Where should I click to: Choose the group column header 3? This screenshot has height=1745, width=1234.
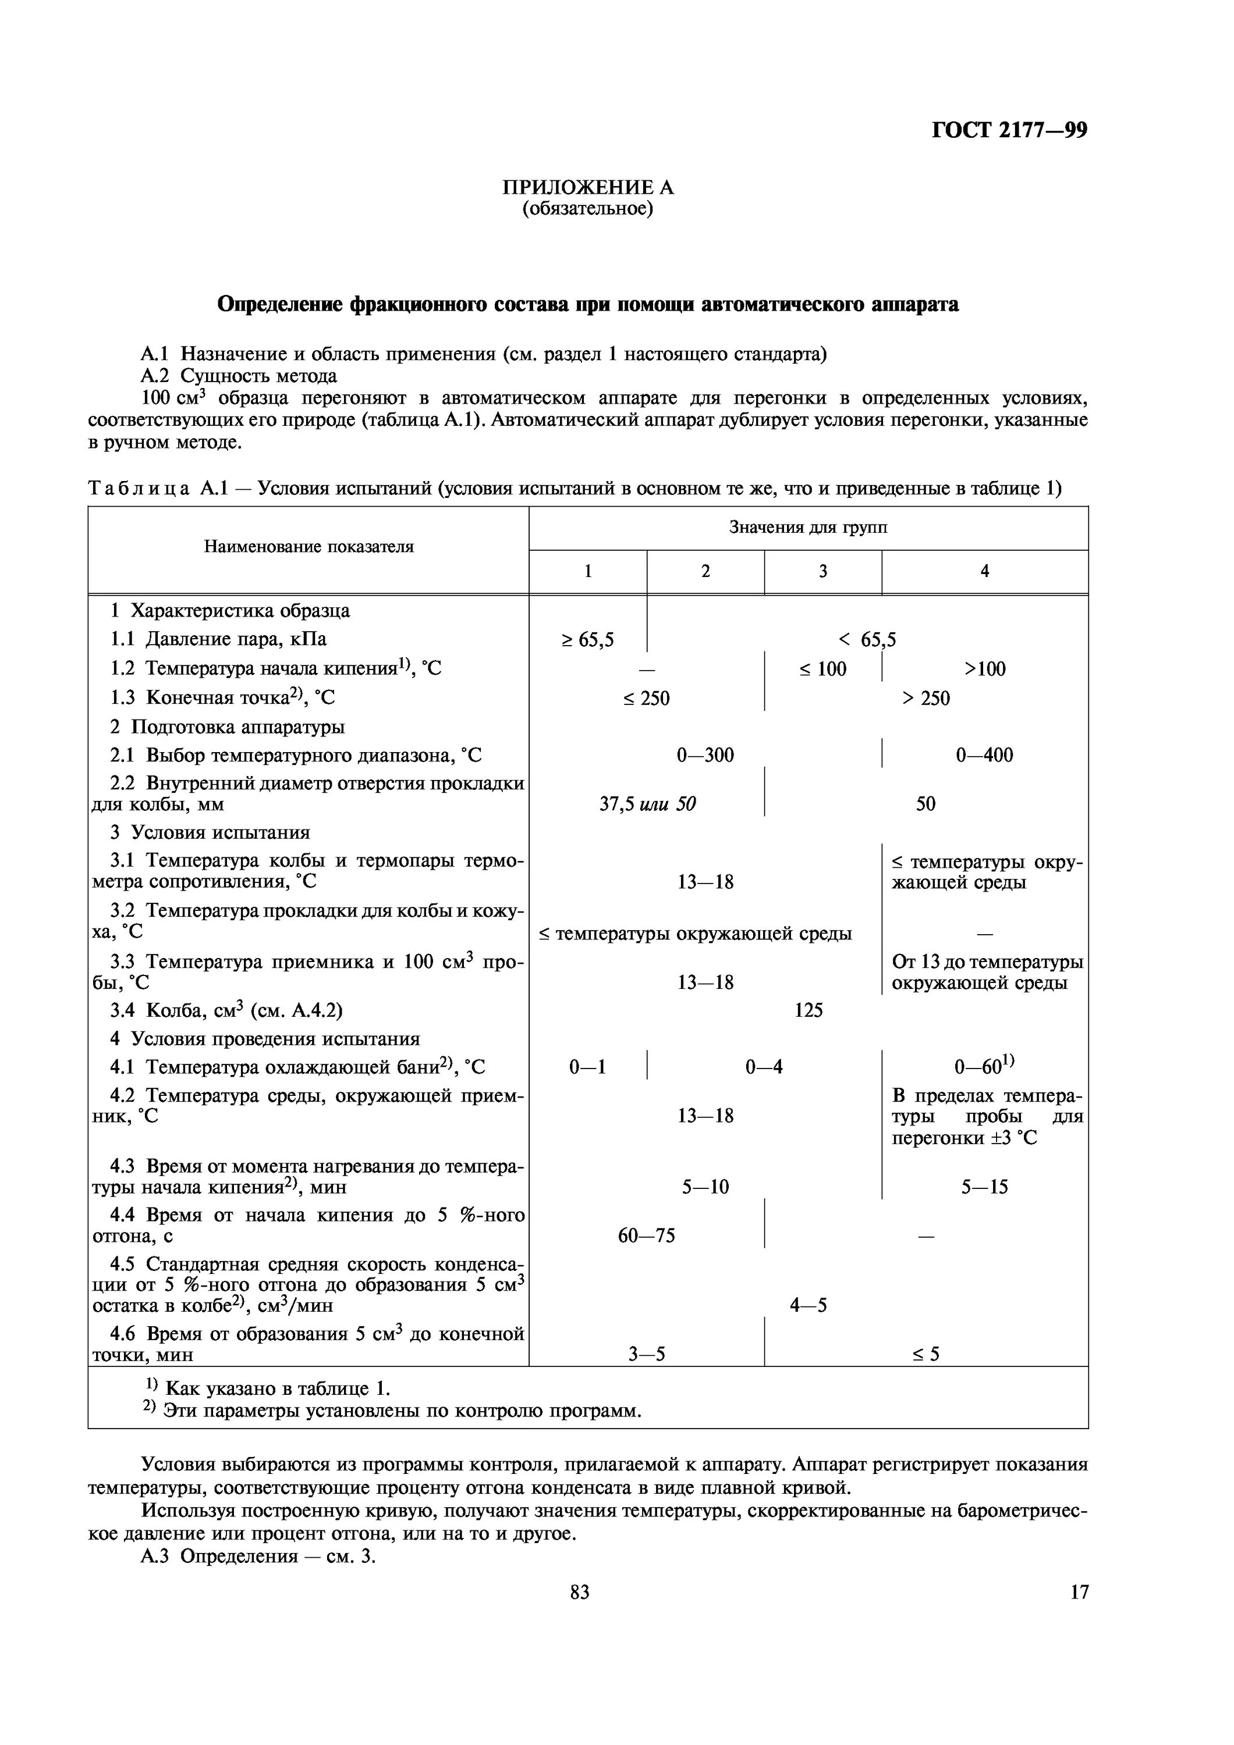822,572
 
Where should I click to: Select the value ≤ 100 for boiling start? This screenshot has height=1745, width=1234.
822,669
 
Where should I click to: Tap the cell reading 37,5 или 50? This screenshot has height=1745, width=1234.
647,803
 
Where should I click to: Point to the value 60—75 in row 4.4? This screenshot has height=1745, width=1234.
646,1235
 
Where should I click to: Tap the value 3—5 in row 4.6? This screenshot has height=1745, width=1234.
646,1354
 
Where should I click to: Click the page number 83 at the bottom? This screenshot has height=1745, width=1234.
579,1591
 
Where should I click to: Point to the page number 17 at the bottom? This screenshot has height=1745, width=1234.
1079,1591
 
